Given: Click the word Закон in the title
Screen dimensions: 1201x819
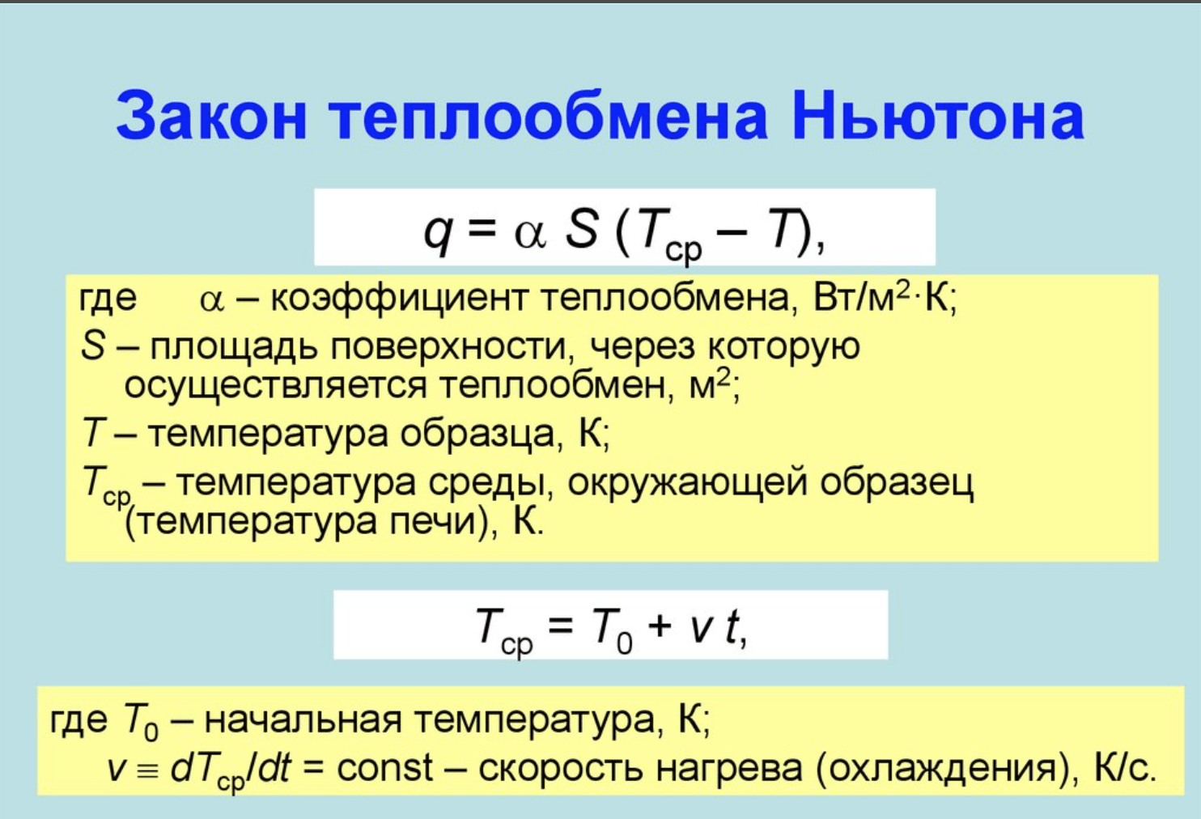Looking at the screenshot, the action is tap(210, 116).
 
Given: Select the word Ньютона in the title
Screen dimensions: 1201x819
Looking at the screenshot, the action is tap(938, 116).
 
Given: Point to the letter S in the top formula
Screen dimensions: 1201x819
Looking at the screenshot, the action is tap(581, 228).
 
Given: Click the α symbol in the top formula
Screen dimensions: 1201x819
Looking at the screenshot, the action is tap(530, 235).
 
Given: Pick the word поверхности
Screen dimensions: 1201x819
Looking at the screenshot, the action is tap(449, 347).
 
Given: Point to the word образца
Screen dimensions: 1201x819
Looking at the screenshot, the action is tap(477, 434).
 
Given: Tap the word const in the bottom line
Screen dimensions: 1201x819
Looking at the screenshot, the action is tap(384, 767).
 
